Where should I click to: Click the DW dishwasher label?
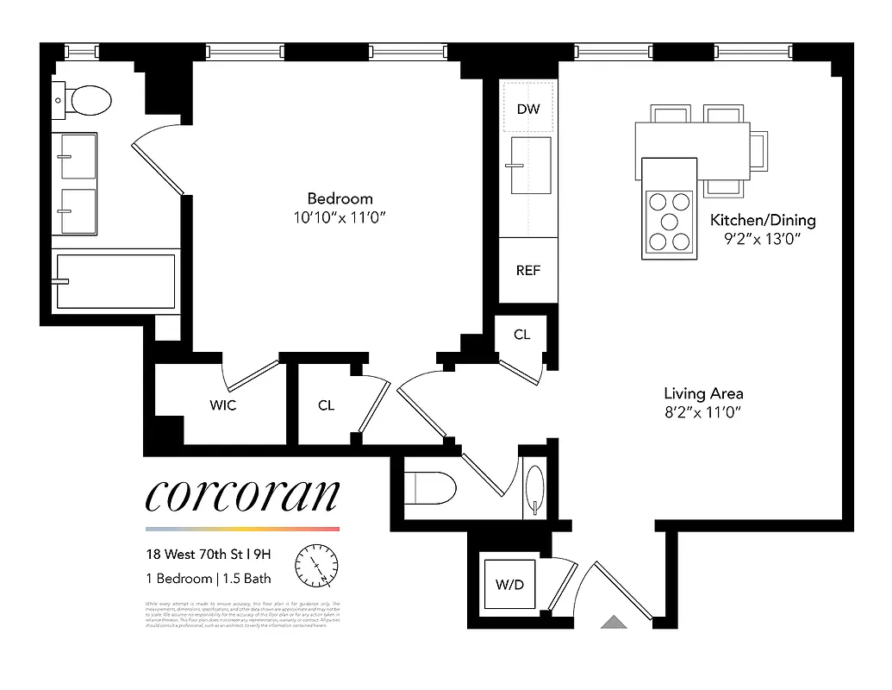point(528,109)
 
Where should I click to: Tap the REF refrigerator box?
point(528,270)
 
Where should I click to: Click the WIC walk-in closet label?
point(222,405)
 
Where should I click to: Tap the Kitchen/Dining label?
point(762,220)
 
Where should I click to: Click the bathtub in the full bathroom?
point(115,281)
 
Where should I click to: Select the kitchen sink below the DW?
point(529,165)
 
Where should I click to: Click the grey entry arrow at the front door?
point(614,622)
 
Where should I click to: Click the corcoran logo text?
point(242,495)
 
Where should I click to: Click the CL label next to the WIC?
point(326,405)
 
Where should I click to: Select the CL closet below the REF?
point(521,335)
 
